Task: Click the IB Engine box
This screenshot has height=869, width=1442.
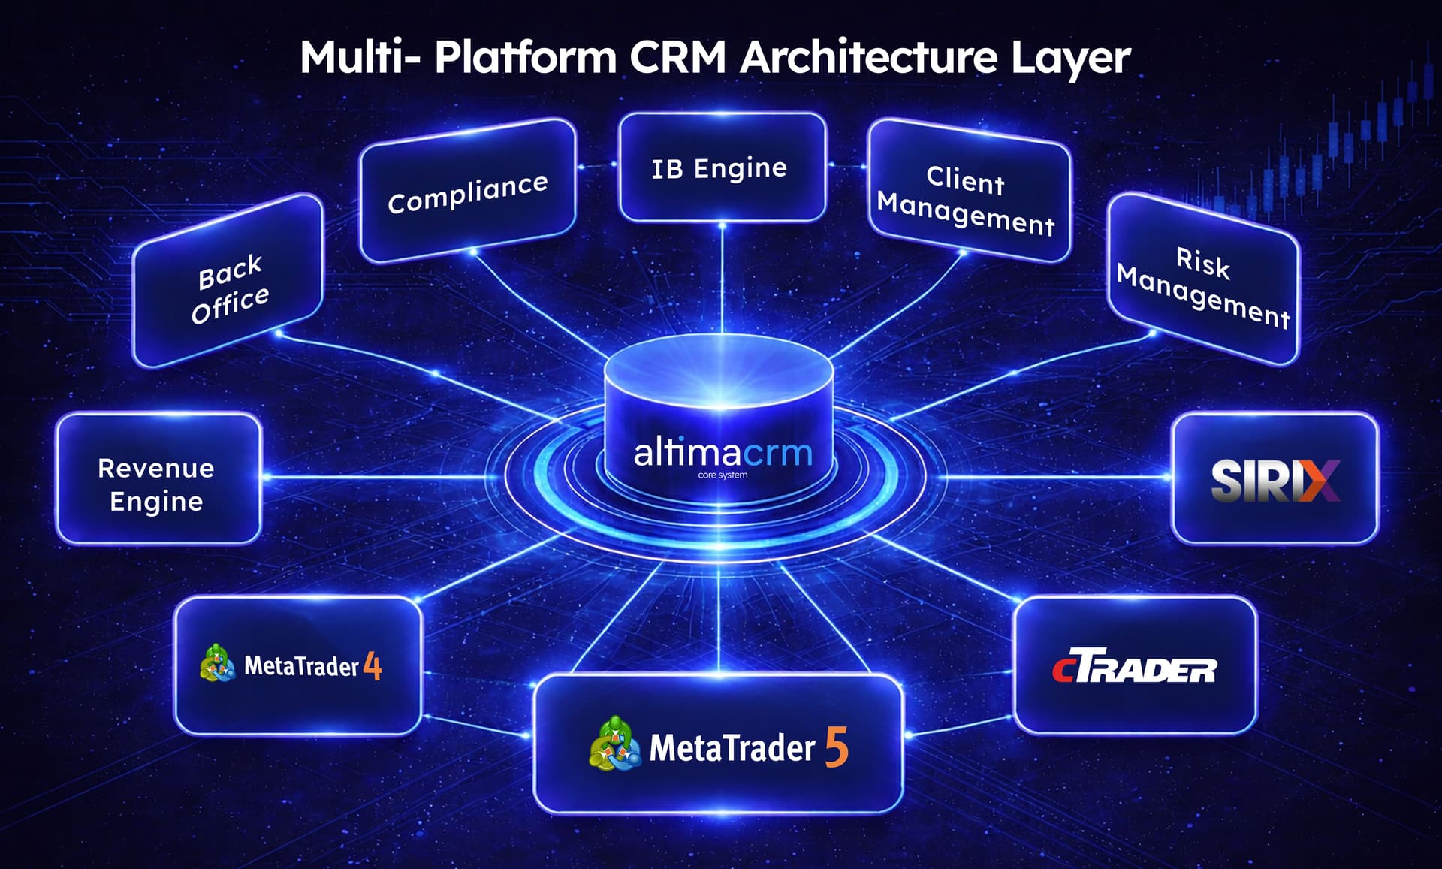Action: click(721, 167)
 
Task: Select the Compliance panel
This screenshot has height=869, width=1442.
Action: click(468, 192)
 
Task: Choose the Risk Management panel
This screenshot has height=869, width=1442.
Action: click(1203, 281)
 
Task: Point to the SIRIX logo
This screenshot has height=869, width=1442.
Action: click(1275, 480)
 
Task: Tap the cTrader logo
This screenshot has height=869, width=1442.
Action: click(1133, 666)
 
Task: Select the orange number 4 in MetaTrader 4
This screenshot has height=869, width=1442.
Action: click(372, 666)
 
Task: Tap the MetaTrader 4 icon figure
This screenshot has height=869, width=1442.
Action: click(217, 663)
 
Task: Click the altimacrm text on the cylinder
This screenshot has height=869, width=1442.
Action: click(722, 454)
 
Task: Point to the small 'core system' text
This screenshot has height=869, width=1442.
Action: click(722, 475)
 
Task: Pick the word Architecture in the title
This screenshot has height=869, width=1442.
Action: click(868, 57)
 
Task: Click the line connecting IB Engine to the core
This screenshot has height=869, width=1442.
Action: click(722, 278)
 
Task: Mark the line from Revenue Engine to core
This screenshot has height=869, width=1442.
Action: click(376, 477)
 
